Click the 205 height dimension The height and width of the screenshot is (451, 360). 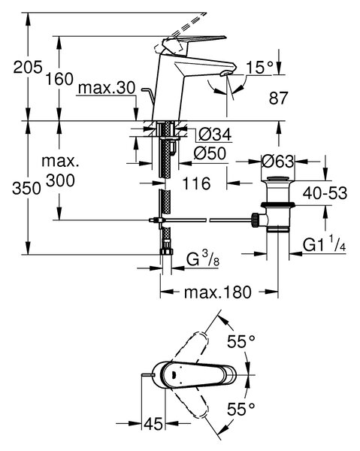[28, 68]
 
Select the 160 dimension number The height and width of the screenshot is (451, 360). [59, 79]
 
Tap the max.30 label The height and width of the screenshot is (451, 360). [107, 87]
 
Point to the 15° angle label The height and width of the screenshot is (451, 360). [260, 68]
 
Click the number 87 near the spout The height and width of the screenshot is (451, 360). [278, 98]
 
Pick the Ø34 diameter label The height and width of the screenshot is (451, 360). [216, 134]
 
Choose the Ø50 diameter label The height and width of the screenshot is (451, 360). [210, 153]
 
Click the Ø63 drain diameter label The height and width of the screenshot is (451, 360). [277, 162]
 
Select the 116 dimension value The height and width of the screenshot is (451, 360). [197, 183]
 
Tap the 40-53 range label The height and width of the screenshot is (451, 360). [325, 193]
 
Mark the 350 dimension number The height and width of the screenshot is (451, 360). [26, 189]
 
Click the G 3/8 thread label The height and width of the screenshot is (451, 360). [203, 259]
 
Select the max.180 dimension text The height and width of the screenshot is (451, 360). [218, 292]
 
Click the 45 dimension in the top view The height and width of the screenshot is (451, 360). [153, 423]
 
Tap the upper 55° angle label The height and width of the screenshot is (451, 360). [241, 342]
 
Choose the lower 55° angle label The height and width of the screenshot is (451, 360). [241, 408]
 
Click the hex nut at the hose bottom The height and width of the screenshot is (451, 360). [167, 251]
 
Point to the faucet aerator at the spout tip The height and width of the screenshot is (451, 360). [225, 74]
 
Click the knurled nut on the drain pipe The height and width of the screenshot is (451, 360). [255, 220]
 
